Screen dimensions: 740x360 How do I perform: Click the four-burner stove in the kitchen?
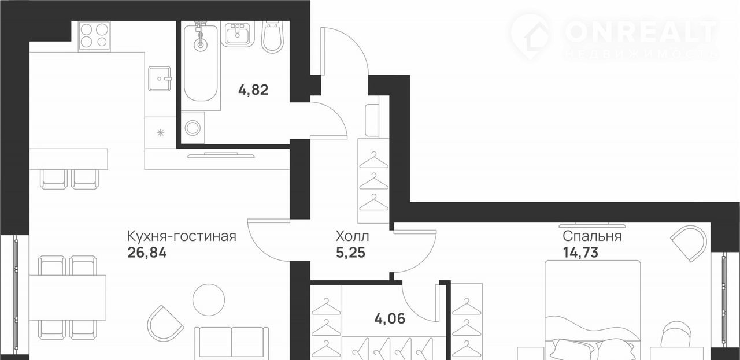click(x=94, y=36)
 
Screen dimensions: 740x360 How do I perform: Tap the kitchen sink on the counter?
click(x=160, y=79)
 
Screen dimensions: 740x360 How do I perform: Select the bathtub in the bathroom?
click(x=201, y=63)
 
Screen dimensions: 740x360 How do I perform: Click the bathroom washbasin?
click(x=237, y=34)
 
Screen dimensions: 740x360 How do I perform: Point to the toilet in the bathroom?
click(x=272, y=36)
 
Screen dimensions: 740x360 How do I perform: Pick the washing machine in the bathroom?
click(x=193, y=128)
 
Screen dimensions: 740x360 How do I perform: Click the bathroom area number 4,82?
click(x=253, y=90)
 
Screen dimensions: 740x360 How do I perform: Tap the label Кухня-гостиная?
click(x=182, y=236)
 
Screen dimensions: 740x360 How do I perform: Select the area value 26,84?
click(x=147, y=253)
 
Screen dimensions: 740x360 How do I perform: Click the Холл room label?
click(x=352, y=236)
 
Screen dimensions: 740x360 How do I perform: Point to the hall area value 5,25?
click(x=350, y=253)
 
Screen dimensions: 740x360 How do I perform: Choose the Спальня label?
click(x=592, y=236)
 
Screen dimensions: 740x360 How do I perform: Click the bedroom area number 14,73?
click(x=580, y=253)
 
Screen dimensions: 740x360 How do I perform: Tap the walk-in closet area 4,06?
click(x=390, y=319)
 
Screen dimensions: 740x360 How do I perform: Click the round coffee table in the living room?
click(x=209, y=300)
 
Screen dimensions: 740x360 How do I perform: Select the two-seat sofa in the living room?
click(x=231, y=343)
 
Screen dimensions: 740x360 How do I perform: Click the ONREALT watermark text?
click(x=641, y=32)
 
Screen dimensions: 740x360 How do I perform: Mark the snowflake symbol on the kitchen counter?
click(x=160, y=133)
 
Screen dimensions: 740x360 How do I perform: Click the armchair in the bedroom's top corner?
click(x=689, y=243)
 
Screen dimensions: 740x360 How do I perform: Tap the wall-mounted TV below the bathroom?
click(x=221, y=155)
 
